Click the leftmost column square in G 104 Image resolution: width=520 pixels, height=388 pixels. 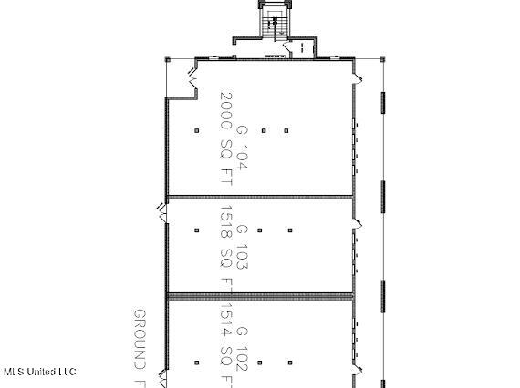coord(196,130)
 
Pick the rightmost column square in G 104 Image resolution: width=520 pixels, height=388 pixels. coord(286,130)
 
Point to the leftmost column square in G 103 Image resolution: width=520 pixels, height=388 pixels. coord(196,230)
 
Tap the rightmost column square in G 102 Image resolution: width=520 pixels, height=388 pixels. coord(286,363)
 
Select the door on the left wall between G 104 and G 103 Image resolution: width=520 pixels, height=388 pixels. coord(162,210)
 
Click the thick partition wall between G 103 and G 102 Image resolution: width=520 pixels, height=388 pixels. coord(260,295)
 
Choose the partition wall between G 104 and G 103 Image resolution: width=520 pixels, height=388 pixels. coord(260,196)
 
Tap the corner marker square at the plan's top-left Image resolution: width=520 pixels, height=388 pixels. coord(166,59)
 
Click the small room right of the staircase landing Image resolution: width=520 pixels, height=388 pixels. coord(302,48)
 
